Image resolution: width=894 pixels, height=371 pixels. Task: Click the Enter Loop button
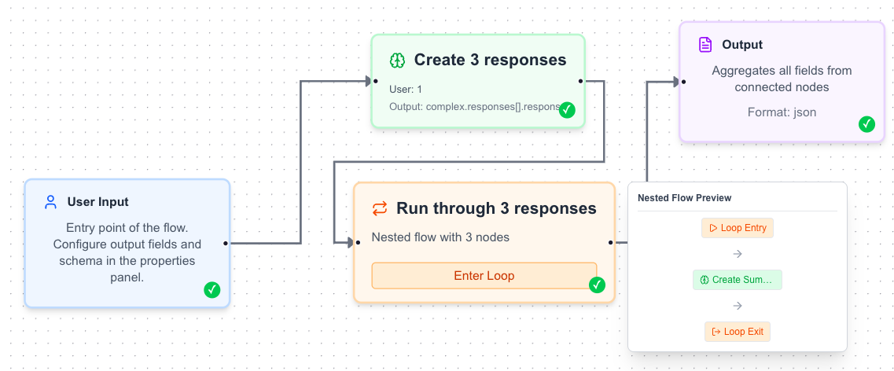[x=484, y=276]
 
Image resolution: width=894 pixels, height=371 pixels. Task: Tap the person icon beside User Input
[x=51, y=202]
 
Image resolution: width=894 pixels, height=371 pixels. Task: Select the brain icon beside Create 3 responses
[x=397, y=60]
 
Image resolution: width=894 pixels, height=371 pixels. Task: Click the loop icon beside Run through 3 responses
[x=380, y=208]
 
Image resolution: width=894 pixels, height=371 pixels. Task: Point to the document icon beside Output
[x=705, y=45]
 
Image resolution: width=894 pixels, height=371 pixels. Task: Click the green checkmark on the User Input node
[x=212, y=290]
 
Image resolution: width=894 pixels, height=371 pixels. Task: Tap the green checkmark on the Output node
[x=866, y=123]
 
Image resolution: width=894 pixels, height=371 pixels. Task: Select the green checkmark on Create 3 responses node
[x=567, y=110]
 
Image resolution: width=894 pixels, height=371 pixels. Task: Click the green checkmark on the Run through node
[x=597, y=285]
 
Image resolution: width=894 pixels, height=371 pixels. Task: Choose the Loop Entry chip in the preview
[x=738, y=228]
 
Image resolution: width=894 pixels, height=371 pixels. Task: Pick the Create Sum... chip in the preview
[x=738, y=280]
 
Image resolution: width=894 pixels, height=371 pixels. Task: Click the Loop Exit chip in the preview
[x=738, y=332]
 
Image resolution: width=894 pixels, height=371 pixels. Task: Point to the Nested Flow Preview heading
[x=684, y=197]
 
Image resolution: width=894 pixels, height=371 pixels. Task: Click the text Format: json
[x=782, y=112]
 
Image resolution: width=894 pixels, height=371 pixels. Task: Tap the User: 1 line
[x=406, y=89]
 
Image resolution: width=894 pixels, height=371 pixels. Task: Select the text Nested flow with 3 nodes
[x=440, y=237]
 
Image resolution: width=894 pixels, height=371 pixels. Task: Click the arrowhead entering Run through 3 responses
[x=350, y=243]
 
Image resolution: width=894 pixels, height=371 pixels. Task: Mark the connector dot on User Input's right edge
[x=226, y=243]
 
